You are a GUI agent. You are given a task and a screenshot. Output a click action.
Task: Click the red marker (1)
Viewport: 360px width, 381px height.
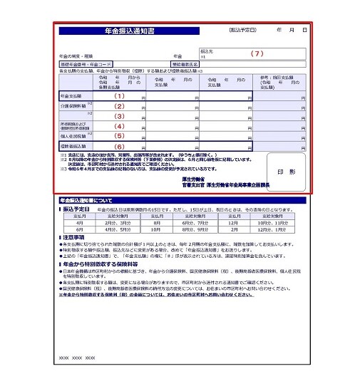(x=120, y=95)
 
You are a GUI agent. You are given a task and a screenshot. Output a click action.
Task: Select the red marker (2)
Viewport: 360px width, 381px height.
(x=120, y=105)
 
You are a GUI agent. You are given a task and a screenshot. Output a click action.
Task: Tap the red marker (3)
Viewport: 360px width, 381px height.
(x=120, y=116)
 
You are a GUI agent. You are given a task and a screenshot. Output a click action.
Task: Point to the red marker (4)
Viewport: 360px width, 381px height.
(x=120, y=126)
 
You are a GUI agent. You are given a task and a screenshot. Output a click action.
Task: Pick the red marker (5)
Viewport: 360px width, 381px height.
(x=120, y=136)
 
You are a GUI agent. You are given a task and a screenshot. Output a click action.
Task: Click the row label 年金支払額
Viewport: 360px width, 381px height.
(x=71, y=95)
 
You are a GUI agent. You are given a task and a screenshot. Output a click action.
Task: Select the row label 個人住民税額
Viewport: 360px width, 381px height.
(x=72, y=135)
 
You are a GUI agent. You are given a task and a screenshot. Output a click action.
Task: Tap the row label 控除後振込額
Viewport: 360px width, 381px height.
(x=72, y=146)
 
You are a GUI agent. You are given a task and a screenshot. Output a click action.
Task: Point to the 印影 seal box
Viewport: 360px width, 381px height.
(x=282, y=172)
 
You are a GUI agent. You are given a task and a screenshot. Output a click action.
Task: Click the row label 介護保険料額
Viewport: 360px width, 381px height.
(x=71, y=105)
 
